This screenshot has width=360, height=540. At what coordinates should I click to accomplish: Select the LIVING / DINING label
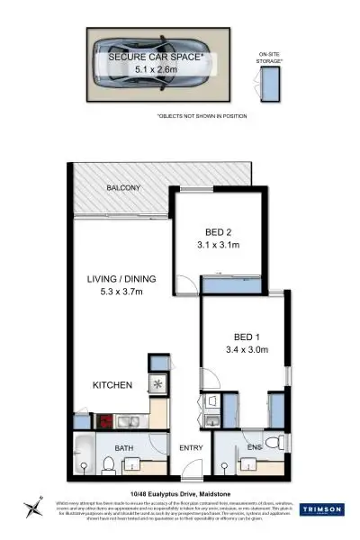[116, 278]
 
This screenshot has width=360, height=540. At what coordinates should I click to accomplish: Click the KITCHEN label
[112, 385]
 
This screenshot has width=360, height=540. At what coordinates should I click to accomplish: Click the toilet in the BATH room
[109, 464]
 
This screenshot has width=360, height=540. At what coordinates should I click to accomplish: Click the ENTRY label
[192, 448]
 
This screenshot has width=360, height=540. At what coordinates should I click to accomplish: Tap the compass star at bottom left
[33, 506]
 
